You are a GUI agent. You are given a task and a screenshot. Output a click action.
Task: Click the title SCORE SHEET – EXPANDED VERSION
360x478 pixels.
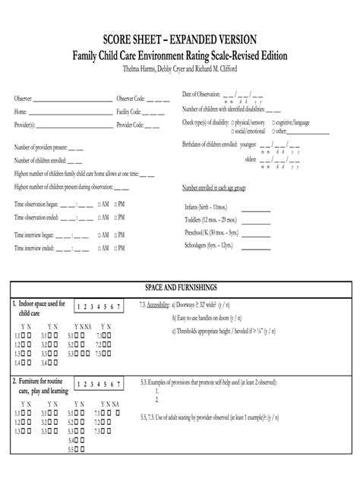tap(180, 39)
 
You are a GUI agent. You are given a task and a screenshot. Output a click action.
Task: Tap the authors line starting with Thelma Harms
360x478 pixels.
tap(180, 69)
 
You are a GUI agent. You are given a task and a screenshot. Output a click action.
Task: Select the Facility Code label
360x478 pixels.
tap(129, 112)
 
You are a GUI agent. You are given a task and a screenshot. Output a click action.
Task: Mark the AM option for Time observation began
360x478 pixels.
tap(98, 204)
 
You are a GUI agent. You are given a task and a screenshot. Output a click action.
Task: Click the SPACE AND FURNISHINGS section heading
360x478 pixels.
tap(181, 288)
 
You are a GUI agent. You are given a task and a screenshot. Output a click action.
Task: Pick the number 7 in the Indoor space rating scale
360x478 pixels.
tap(118, 307)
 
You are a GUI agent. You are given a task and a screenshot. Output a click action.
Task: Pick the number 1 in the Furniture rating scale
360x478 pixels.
tap(78, 384)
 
